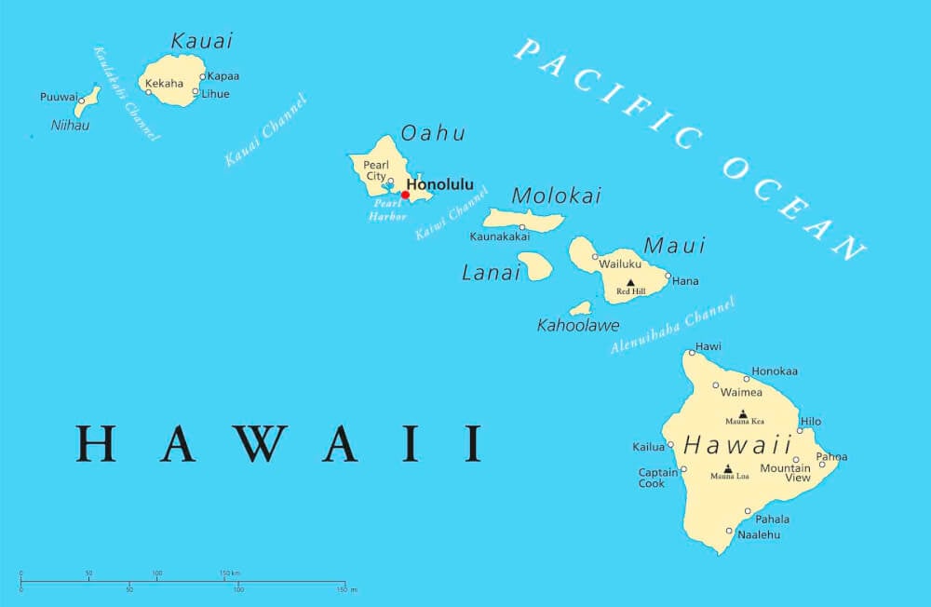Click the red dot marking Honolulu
tap(405, 195)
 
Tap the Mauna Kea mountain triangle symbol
tap(743, 413)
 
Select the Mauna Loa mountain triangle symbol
tap(727, 469)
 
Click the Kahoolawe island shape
tap(581, 307)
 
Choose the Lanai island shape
tap(535, 266)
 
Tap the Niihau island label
tap(70, 125)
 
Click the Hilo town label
tap(810, 421)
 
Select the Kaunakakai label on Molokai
tap(500, 236)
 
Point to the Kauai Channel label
tap(265, 130)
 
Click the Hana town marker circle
tap(668, 276)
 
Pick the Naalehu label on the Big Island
tap(758, 535)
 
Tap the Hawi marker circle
tap(692, 352)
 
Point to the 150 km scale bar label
tap(230, 573)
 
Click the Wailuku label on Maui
tap(620, 263)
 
